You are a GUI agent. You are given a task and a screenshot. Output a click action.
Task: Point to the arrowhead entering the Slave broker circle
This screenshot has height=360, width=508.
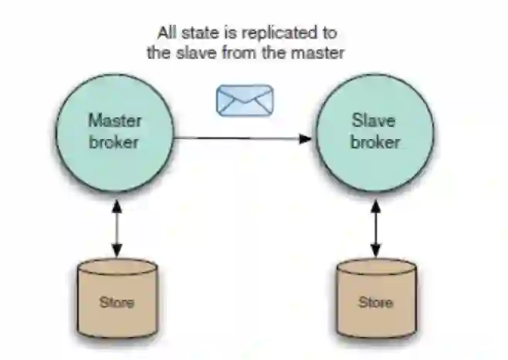pos(306,139)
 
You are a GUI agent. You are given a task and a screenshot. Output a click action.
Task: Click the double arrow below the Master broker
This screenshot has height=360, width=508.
pos(117,227)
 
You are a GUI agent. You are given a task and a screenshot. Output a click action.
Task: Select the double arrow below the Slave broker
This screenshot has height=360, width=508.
pos(376,227)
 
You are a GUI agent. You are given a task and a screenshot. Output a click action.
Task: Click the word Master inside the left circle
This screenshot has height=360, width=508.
pos(115,121)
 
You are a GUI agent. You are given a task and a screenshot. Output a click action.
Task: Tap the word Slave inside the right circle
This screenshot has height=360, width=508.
pos(374,121)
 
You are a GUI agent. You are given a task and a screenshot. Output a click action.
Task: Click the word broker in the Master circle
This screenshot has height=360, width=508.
pos(114,142)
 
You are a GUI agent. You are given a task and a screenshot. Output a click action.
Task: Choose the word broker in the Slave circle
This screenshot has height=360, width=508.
pos(376,142)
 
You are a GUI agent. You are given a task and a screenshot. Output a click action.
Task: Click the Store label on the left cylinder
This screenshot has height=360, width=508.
pos(117,302)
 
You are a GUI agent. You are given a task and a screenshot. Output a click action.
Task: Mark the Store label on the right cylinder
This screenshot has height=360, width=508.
pos(376,302)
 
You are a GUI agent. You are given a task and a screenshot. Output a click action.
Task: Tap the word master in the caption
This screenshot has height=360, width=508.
pos(318,53)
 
